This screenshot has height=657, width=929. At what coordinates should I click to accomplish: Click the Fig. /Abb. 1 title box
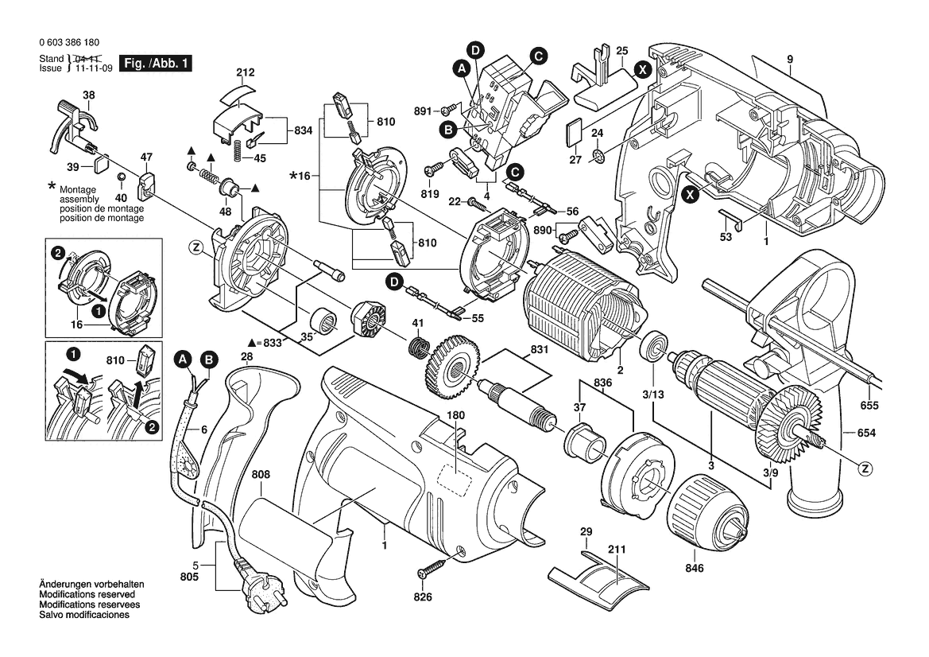coord(155,63)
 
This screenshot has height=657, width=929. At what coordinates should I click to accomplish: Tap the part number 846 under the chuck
coord(694,569)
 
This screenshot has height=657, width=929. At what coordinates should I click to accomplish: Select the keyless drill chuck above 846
coord(709,510)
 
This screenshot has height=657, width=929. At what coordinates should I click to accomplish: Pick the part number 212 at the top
coord(246,73)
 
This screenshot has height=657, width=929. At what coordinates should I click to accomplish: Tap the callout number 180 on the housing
coord(455,415)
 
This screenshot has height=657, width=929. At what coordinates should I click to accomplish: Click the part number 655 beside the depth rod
coord(869,406)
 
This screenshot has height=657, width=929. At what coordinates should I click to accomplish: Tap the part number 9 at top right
coord(791,60)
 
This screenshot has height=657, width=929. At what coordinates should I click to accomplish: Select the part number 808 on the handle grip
coord(261,475)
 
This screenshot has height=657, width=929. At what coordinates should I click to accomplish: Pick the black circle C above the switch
coord(538,56)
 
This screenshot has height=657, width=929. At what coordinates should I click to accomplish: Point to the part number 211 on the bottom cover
coord(617,550)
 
